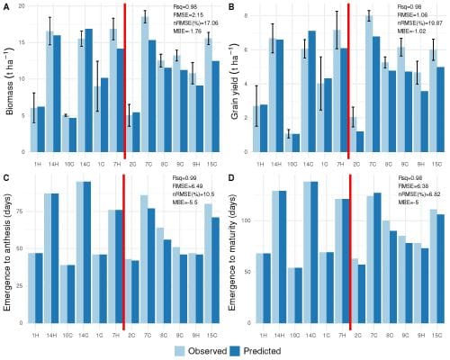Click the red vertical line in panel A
point(124,81)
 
